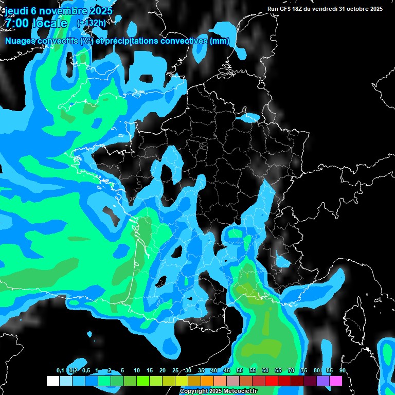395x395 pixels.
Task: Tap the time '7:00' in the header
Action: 17,23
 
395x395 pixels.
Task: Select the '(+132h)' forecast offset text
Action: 91,23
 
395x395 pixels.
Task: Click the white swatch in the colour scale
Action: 52,381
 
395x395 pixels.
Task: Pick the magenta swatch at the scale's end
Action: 336,381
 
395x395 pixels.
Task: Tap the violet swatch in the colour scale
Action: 323,381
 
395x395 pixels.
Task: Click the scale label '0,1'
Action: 60,371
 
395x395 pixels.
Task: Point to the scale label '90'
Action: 342,371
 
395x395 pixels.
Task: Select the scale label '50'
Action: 240,371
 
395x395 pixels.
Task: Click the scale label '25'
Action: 175,371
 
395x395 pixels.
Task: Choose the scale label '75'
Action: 303,371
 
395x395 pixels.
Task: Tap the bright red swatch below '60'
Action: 272,381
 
